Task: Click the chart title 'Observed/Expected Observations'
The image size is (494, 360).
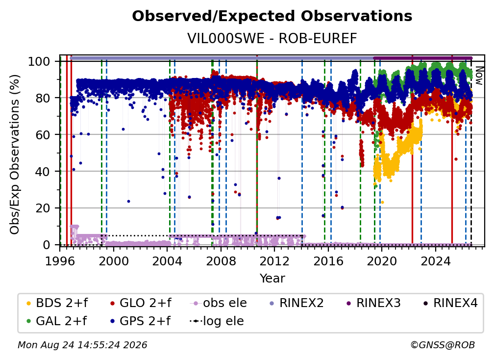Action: point(272,16)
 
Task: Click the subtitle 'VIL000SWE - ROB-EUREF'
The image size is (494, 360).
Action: point(272,38)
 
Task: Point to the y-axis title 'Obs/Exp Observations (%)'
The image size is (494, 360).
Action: point(15,154)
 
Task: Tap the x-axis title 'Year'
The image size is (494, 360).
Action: point(272,279)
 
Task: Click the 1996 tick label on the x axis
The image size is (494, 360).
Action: point(60,261)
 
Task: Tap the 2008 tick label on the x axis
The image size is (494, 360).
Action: point(221,261)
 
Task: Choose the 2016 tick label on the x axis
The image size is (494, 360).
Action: point(328,261)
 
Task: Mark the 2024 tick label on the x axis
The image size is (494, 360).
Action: point(436,261)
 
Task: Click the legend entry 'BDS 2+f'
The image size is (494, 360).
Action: point(57,303)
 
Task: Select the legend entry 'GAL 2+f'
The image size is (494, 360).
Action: point(57,321)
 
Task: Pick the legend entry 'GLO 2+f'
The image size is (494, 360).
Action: point(141,303)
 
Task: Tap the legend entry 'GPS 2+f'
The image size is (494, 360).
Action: point(140,321)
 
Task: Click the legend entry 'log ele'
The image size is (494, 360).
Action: point(217,321)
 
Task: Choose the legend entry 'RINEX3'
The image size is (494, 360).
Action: point(373,303)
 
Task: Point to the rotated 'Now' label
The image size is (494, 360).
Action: point(478,76)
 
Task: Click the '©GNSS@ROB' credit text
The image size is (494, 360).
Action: point(443,345)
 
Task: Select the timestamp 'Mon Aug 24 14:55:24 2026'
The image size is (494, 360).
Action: point(82,345)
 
